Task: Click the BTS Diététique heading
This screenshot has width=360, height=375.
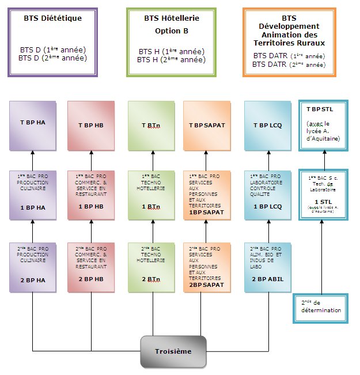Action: click(x=52, y=18)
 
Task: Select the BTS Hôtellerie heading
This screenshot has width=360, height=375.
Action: click(x=171, y=18)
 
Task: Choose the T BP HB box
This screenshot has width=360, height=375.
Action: click(x=90, y=124)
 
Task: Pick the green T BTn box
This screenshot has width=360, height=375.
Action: click(x=151, y=124)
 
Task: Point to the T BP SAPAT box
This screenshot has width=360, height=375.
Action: click(x=207, y=124)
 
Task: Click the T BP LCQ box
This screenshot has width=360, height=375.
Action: click(x=268, y=124)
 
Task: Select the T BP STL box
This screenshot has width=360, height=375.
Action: click(x=323, y=125)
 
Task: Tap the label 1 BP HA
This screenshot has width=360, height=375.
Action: click(x=32, y=206)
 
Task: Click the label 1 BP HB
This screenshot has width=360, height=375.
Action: click(x=90, y=206)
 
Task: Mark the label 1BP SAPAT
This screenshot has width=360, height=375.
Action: click(x=207, y=213)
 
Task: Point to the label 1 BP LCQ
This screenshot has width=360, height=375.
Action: click(x=268, y=206)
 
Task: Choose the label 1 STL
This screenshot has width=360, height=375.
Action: click(x=323, y=201)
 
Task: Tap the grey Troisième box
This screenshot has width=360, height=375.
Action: click(x=173, y=351)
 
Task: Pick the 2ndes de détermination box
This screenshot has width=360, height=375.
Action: click(x=321, y=306)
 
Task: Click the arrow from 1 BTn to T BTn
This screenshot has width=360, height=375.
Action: click(x=153, y=160)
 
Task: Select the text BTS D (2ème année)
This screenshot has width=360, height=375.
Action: click(x=52, y=58)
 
